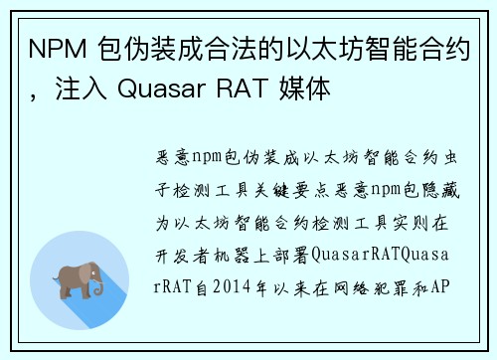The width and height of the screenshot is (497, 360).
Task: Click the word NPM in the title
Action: click(x=55, y=48)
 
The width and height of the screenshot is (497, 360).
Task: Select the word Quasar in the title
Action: click(x=152, y=90)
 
